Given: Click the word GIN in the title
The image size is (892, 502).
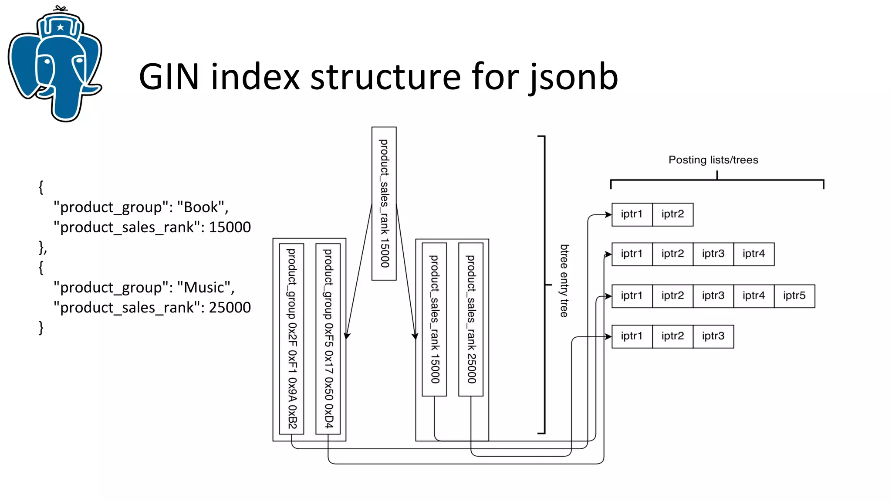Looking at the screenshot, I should [169, 77].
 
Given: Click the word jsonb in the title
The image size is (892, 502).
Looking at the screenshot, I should [574, 77].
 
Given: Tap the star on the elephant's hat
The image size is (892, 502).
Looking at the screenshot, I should [61, 27].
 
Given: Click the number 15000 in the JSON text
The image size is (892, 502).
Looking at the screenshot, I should [230, 227].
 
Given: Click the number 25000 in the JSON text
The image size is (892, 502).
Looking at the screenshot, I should [230, 308].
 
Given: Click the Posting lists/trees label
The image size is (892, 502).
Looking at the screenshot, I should [713, 160].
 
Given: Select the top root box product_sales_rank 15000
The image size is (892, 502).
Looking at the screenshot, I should [384, 204].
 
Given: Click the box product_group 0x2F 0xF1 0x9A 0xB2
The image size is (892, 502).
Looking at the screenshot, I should [291, 339].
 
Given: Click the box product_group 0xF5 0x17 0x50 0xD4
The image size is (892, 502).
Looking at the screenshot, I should [328, 339].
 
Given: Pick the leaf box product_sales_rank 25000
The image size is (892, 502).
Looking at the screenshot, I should [471, 319].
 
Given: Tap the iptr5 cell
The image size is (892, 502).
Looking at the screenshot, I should [794, 296].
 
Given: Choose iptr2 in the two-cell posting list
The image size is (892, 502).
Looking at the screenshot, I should [672, 214].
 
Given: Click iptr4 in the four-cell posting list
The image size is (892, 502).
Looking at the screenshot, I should [753, 254].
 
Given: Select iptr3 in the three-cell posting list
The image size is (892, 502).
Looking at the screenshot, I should [713, 336].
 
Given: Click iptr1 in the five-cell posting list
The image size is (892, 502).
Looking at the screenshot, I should [632, 296].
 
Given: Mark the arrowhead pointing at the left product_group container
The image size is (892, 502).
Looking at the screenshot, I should [347, 336].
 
